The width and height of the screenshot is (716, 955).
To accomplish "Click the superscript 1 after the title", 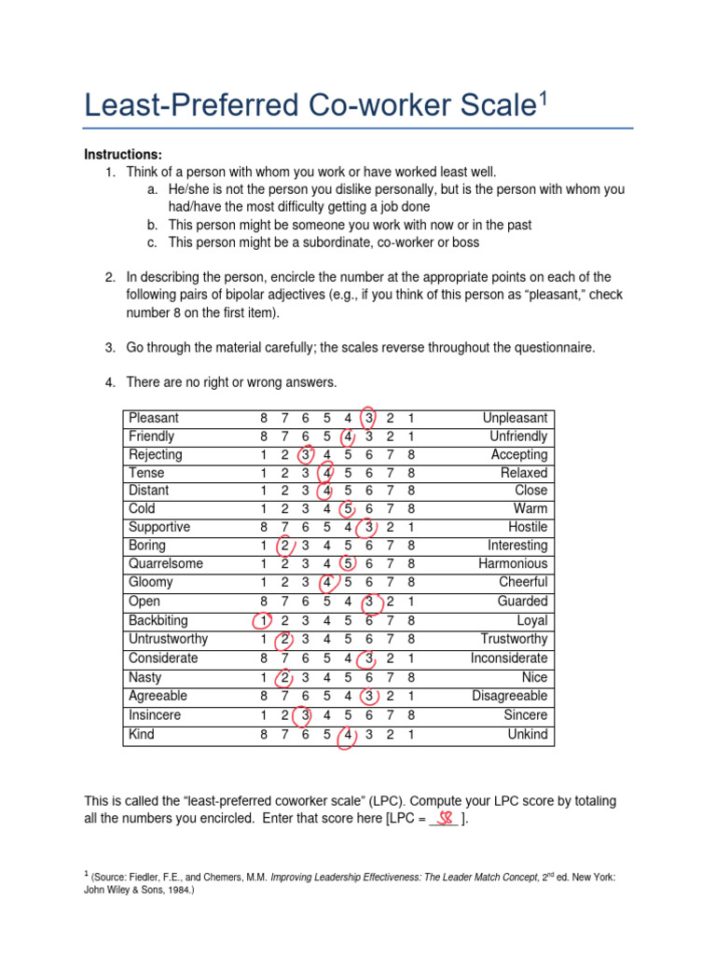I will click(x=538, y=97).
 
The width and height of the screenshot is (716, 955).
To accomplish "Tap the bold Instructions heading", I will click(x=123, y=154).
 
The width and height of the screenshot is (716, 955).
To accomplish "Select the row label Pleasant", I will click(x=154, y=418).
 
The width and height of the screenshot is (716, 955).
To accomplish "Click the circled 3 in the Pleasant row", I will click(x=369, y=418).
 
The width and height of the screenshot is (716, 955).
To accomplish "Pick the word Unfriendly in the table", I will click(x=518, y=436).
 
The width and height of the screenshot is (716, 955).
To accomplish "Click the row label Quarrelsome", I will click(x=166, y=564).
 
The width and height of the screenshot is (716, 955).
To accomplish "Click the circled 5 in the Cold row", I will click(x=348, y=509).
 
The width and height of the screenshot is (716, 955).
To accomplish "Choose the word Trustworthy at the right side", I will click(x=514, y=639).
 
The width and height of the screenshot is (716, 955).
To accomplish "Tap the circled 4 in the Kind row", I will click(x=348, y=735).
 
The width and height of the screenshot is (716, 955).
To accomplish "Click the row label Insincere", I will click(x=156, y=715).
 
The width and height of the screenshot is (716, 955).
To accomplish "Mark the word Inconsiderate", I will click(x=509, y=658).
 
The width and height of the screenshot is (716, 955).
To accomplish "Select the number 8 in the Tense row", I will click(x=411, y=473).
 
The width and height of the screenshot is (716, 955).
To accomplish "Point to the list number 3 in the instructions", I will click(x=109, y=348).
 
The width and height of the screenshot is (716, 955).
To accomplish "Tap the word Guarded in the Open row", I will click(x=522, y=602).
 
